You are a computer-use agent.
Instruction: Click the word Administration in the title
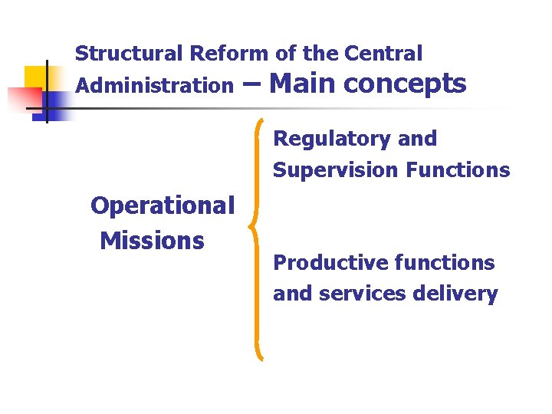(153, 86)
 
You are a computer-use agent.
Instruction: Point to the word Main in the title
(304, 83)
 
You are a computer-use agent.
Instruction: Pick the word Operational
(163, 205)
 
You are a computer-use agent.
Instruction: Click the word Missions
(152, 241)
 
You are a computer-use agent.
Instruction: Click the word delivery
(460, 294)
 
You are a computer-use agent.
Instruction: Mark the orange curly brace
(258, 238)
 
